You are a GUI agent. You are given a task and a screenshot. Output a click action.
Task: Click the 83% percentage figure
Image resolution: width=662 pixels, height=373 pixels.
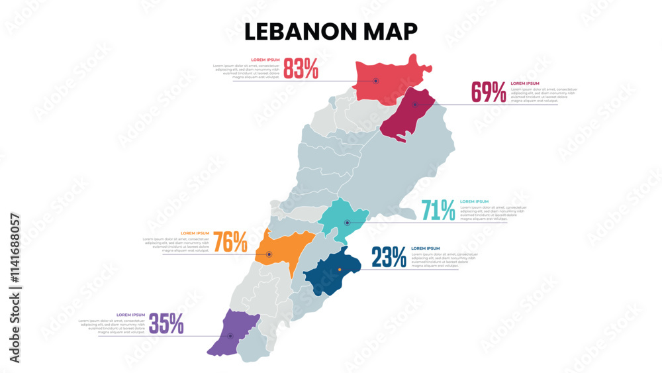click(301, 68)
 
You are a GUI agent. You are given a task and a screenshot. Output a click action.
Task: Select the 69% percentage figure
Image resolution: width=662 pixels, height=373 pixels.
click(489, 92)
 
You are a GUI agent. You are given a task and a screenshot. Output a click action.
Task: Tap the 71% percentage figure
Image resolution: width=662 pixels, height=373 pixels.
click(438, 211)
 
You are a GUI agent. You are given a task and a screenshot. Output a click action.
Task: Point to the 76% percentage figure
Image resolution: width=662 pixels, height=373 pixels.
click(230, 242)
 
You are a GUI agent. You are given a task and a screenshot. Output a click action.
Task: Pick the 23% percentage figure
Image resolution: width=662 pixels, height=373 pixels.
click(389, 257)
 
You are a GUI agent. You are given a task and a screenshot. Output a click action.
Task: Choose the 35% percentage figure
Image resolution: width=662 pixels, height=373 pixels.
click(166, 323)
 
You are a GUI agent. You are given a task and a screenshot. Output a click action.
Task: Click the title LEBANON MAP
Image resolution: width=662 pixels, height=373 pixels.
click(331, 31)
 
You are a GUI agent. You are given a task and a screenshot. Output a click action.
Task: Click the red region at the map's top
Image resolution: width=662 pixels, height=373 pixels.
click(387, 76)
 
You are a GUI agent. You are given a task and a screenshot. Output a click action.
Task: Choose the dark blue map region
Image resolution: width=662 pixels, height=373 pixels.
click(331, 272)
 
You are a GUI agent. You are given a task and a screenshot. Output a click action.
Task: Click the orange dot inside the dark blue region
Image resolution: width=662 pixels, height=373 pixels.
click(340, 269)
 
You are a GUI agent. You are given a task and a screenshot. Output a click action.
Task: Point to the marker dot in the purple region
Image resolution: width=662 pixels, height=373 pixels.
click(230, 336)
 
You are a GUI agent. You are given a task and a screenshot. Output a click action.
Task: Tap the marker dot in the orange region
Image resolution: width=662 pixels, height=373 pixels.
click(269, 254)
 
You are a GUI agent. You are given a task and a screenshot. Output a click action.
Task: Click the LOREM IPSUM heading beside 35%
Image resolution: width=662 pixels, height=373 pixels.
click(130, 315)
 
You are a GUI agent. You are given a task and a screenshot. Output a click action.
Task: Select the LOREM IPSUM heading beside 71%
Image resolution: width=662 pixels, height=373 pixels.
click(474, 201)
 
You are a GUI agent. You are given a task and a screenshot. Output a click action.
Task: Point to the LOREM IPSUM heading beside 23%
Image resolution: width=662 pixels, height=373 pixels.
click(425, 248)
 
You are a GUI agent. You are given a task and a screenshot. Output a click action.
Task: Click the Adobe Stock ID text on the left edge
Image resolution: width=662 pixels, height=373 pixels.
click(15, 288)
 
